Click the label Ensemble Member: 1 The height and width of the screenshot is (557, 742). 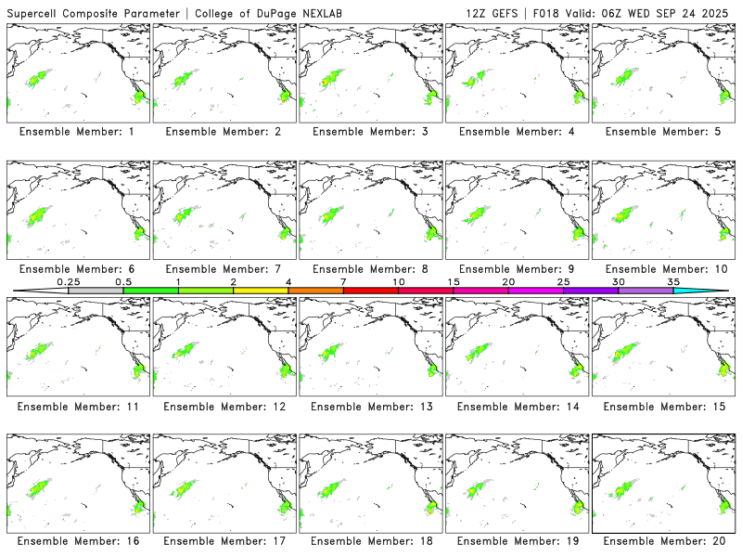pos(77,132)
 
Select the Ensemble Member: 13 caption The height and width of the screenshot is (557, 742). pos(369,407)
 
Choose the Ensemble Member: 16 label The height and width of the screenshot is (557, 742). pos(77,540)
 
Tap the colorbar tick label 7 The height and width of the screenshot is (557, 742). pos(343,280)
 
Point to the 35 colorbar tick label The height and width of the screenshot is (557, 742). pos(673,280)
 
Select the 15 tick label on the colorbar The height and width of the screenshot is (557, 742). pos(454,280)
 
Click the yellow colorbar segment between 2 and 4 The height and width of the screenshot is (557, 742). pos(261,291)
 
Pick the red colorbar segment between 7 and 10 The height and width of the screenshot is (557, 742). pos(371,291)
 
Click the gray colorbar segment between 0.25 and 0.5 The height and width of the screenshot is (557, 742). pos(96,291)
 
